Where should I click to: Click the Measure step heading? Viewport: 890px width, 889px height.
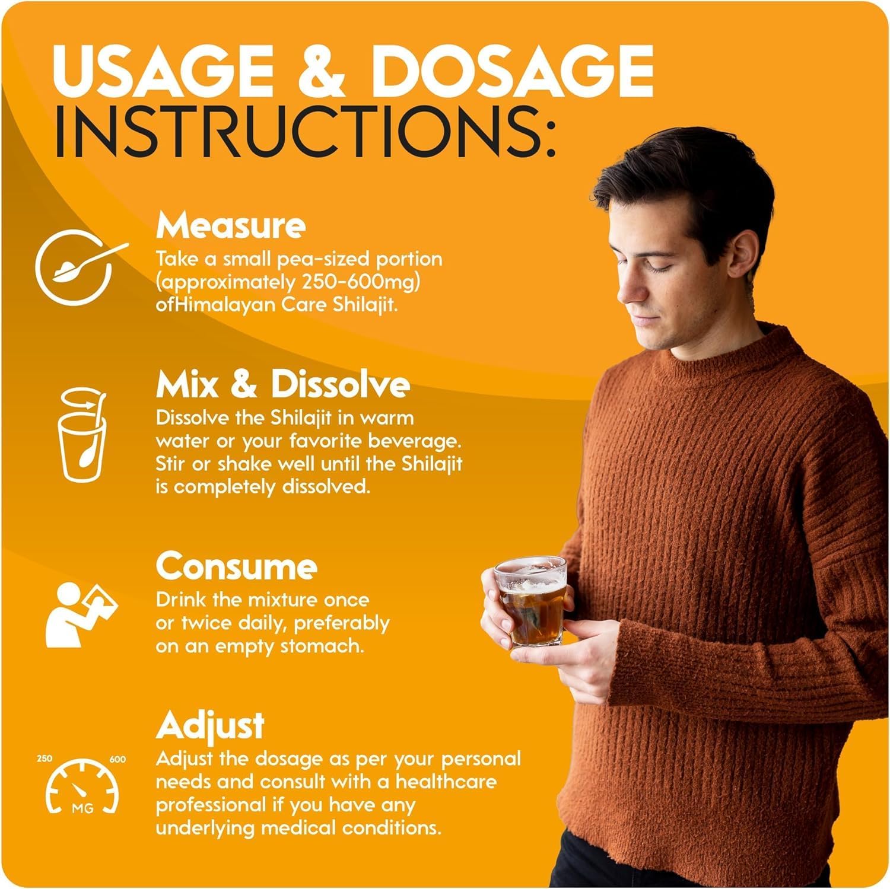click(x=231, y=225)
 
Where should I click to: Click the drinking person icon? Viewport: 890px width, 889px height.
click(x=81, y=614)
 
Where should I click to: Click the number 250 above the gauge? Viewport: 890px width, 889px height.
click(x=44, y=759)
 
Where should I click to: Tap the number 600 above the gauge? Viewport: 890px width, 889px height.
click(x=117, y=759)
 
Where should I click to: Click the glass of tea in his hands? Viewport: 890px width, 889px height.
click(x=529, y=600)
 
